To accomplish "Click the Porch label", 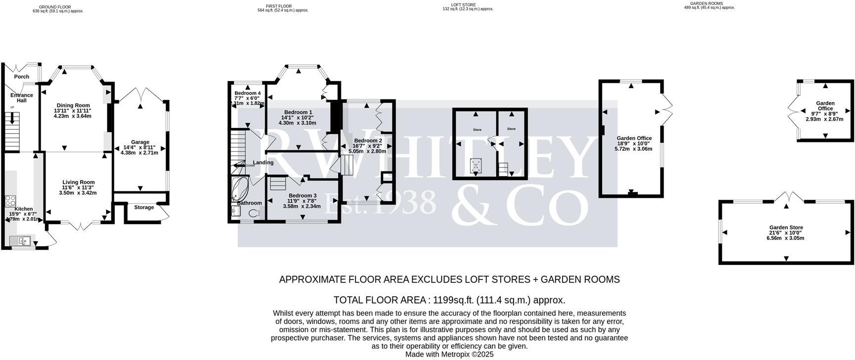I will click(x=21, y=77).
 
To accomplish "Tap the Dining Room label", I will click(x=73, y=105).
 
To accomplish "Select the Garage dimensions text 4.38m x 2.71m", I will click(x=140, y=153).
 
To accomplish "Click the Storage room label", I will click(x=144, y=207).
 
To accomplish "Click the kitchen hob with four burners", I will click(x=10, y=201).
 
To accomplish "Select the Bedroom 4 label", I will click(x=247, y=93).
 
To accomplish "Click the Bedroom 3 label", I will click(x=302, y=195).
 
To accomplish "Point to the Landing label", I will click(x=263, y=162).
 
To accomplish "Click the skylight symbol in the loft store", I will click(x=476, y=164).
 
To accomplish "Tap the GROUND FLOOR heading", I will click(x=55, y=7).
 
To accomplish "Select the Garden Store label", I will click(x=786, y=227).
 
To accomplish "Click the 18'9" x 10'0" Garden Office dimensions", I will click(x=634, y=143).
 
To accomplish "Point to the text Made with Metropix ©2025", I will click(x=449, y=354).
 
